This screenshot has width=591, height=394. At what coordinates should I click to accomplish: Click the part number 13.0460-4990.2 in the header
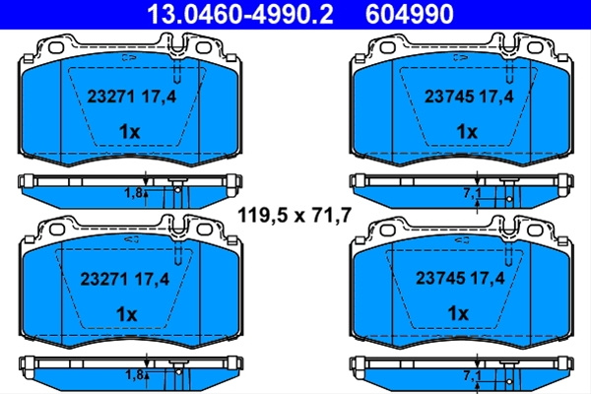click(240, 15)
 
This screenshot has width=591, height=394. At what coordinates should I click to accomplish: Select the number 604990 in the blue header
click(410, 15)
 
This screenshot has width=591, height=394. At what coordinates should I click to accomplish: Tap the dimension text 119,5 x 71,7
click(295, 216)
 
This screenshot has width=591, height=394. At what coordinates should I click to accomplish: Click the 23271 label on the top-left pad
click(110, 97)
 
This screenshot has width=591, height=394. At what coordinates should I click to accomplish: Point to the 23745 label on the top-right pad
click(448, 97)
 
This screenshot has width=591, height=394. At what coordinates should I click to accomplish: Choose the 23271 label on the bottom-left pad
click(104, 279)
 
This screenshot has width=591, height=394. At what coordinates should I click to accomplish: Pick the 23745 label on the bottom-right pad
click(439, 278)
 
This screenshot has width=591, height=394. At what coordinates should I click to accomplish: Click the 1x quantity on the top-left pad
click(129, 132)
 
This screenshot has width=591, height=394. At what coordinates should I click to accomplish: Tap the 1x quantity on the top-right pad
click(467, 132)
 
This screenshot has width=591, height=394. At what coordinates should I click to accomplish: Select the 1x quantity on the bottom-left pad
click(127, 314)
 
